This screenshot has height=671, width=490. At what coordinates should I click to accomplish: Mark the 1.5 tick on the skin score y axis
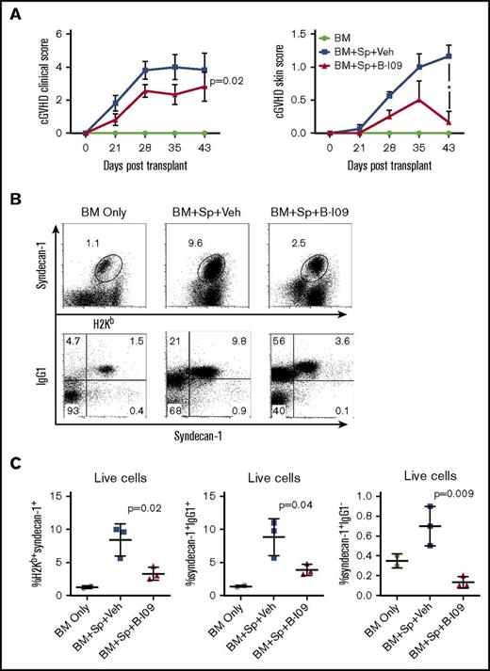pyautogui.click(x=285, y=34)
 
